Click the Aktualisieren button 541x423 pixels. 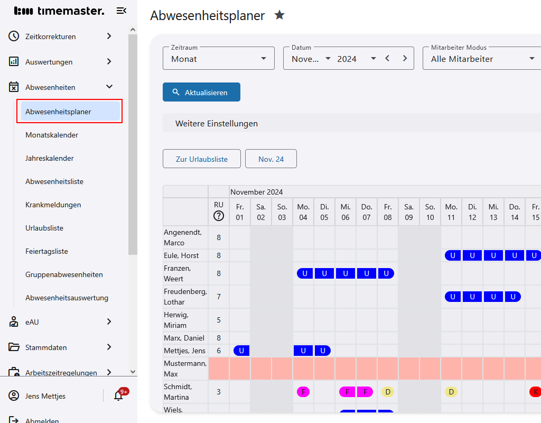click(x=201, y=92)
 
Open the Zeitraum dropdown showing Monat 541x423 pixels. click(x=218, y=59)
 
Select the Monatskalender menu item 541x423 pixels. click(x=52, y=135)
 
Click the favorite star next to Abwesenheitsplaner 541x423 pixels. click(x=279, y=15)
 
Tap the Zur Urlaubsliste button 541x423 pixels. click(x=201, y=159)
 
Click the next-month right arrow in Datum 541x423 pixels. click(x=405, y=59)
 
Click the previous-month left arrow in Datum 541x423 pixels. click(x=387, y=59)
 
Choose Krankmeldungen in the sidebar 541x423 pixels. click(x=53, y=205)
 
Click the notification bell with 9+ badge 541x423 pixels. click(x=118, y=396)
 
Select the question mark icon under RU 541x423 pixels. click(x=219, y=216)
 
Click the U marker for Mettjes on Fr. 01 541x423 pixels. click(x=241, y=351)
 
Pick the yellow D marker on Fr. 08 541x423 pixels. click(x=388, y=392)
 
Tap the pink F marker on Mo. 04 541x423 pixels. click(x=303, y=392)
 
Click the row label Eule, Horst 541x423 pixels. click(x=181, y=255)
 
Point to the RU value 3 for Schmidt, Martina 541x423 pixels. click(x=219, y=392)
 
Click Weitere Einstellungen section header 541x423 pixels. click(x=217, y=123)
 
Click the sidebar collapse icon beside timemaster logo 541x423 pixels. click(x=122, y=11)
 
